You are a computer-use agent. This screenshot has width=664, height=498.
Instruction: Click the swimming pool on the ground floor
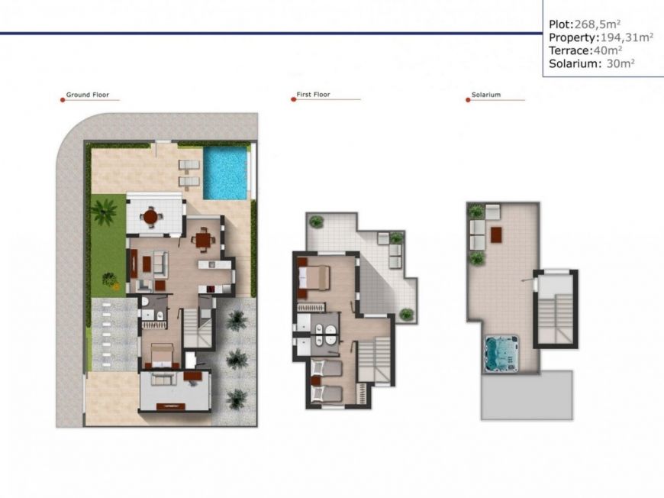pyautogui.click(x=225, y=172)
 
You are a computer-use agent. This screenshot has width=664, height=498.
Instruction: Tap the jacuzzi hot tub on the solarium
pyautogui.click(x=501, y=351)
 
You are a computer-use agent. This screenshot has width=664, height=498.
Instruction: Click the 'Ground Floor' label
pyautogui.click(x=87, y=95)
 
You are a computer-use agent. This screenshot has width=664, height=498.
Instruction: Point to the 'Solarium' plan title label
pyautogui.click(x=486, y=95)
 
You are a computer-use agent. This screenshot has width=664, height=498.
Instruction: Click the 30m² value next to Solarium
pyautogui.click(x=620, y=63)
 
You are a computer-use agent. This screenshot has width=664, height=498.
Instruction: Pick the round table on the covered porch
pyautogui.click(x=150, y=217)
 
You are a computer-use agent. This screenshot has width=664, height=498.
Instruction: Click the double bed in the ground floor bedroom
pyautogui.click(x=163, y=354)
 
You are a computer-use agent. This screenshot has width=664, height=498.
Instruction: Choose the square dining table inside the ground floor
pyautogui.click(x=202, y=240)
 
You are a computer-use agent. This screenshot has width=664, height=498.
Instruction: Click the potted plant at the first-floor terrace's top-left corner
pyautogui.click(x=316, y=222)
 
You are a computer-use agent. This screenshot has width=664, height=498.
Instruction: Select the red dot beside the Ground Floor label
pyautogui.click(x=61, y=99)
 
